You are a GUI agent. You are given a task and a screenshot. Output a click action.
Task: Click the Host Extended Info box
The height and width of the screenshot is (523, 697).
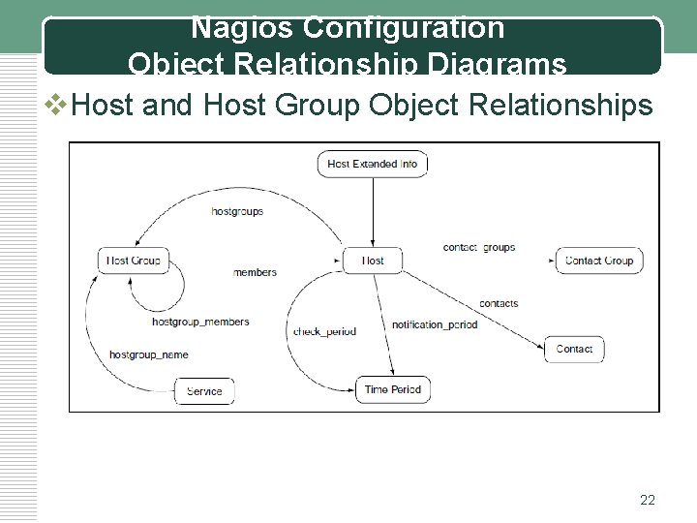click(373, 164)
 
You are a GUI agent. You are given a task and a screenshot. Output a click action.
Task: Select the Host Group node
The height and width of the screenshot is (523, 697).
click(134, 260)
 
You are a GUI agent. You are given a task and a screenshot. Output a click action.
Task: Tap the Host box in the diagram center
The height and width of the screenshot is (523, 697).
click(373, 260)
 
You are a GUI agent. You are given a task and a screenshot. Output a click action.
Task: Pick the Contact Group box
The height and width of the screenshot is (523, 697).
click(598, 260)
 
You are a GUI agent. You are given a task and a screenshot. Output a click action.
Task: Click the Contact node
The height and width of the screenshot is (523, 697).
click(574, 349)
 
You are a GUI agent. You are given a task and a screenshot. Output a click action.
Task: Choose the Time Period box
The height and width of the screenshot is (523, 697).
click(391, 389)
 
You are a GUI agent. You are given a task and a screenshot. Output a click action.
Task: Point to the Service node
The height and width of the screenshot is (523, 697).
click(204, 391)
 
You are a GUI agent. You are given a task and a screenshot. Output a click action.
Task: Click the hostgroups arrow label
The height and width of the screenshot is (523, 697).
click(236, 211)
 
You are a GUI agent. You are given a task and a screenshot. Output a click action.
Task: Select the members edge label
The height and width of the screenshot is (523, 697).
click(255, 272)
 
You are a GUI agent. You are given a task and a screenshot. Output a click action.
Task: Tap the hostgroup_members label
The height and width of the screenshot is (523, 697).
click(200, 322)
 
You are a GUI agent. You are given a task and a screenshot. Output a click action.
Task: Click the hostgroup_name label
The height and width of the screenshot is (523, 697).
click(148, 354)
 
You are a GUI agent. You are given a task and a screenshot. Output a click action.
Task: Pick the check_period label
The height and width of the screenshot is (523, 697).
click(324, 331)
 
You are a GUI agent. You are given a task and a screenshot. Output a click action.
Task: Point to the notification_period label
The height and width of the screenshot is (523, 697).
click(435, 323)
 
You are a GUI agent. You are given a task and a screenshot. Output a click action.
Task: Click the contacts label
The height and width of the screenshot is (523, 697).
click(499, 303)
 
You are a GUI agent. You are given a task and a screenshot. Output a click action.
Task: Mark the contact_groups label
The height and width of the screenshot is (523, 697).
click(479, 247)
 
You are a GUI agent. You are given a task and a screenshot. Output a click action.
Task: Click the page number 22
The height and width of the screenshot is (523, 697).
click(648, 500)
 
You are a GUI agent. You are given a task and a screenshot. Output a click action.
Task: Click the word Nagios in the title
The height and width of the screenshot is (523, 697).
click(236, 28)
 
